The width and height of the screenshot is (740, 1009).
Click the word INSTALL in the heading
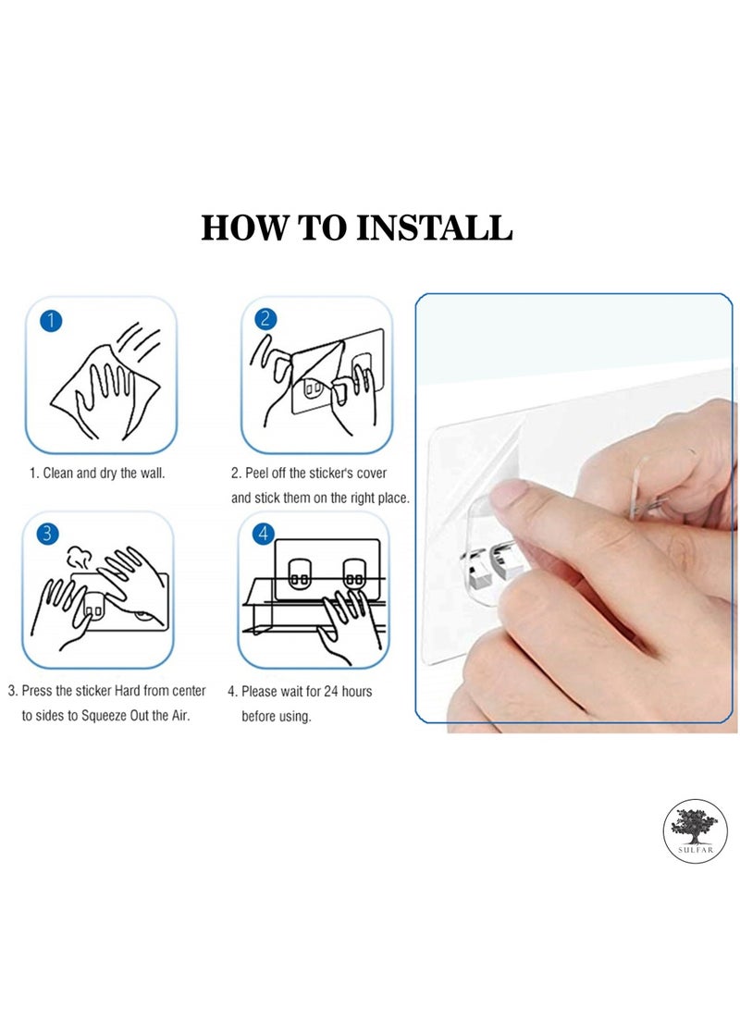pos(434,228)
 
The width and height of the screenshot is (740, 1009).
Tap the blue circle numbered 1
pos(51,321)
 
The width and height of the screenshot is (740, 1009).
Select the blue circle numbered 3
pos(47,534)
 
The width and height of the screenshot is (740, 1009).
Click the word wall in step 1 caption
pos(153,473)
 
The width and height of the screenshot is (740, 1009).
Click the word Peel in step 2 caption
pos(257,473)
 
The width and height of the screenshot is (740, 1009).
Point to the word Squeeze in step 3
pos(104,716)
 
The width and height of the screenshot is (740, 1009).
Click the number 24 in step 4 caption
pos(331,691)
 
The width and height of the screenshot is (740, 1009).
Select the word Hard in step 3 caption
pos(128,691)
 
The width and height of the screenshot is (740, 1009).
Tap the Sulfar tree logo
pos(695,831)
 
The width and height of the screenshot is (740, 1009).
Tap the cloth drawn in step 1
pos(105,391)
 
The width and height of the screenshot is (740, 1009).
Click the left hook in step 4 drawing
pos(300,573)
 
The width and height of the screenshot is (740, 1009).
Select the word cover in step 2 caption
pos(371,473)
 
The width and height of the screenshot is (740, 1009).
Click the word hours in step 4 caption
pos(356,691)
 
